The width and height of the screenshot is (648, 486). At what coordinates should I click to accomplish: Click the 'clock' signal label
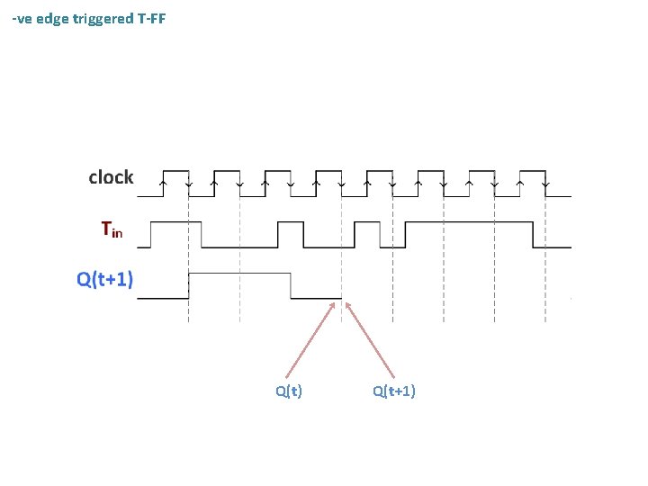tap(111, 177)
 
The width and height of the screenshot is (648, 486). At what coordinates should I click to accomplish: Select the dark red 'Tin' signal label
tap(112, 230)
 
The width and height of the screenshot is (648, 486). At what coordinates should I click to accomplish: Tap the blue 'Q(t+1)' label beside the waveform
tap(105, 279)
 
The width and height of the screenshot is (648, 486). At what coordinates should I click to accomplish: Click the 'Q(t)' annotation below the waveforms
tap(289, 391)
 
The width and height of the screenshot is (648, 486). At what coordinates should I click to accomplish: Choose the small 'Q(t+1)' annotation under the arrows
tap(394, 391)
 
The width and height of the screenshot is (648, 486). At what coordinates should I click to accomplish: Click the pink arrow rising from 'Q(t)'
tap(310, 338)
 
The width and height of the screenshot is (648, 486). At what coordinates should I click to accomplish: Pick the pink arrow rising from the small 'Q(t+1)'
tap(370, 338)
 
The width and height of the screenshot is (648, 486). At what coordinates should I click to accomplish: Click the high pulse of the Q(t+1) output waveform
tap(239, 273)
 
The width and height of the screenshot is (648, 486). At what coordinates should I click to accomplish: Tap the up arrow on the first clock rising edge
tap(162, 183)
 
